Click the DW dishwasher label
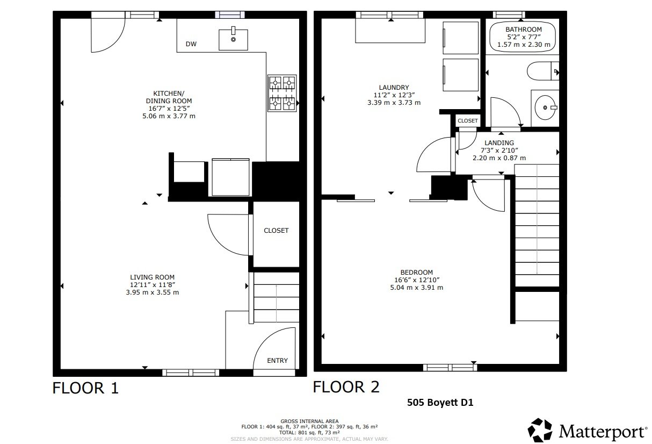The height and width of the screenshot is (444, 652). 191,44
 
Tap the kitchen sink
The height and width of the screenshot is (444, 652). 234,39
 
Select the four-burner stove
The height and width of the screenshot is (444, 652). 282,92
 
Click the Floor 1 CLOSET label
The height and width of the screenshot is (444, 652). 276,231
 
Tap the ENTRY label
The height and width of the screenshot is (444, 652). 277,361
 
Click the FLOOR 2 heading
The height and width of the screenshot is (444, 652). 346,386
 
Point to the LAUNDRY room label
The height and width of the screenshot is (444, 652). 394,88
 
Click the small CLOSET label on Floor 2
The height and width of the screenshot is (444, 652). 467,121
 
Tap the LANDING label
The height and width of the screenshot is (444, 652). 499,143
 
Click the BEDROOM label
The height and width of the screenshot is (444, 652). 416,273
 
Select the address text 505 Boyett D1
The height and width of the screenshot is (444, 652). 440,402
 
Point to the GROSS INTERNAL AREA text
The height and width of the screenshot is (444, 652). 309,421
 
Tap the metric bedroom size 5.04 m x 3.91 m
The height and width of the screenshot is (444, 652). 416,288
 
